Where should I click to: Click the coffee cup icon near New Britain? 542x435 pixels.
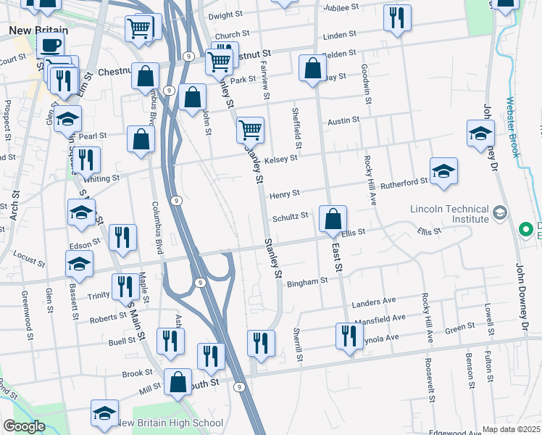50,46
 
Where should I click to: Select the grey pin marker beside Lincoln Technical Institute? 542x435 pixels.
500,213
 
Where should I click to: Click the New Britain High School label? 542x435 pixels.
170,423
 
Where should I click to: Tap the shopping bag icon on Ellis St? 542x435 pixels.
333,219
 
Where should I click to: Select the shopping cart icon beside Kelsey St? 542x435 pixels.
250,130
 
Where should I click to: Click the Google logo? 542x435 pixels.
24,426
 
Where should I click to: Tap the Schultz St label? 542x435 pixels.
290,216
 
